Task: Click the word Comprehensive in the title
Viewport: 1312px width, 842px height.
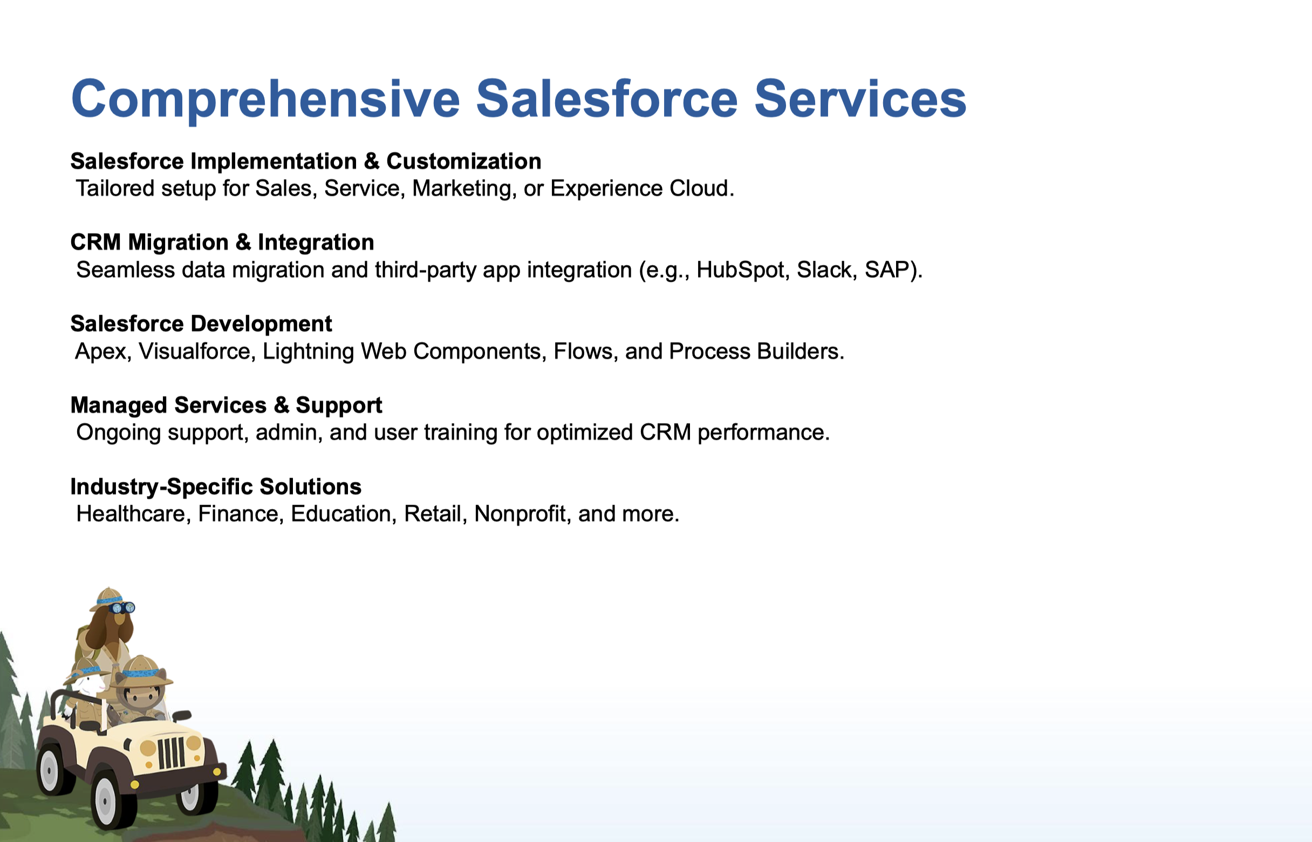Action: click(265, 100)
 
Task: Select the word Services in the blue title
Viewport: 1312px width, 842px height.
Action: click(860, 99)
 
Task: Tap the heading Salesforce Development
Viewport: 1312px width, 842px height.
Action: click(201, 324)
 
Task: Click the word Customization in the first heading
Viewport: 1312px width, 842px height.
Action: click(464, 161)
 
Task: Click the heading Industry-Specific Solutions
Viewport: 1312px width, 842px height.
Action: click(216, 487)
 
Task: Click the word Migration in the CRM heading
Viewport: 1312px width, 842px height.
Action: click(179, 243)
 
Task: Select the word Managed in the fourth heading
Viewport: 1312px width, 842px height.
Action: click(119, 406)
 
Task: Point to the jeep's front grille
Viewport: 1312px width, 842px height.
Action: click(171, 753)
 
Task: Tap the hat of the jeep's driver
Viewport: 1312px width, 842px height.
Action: click(141, 671)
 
